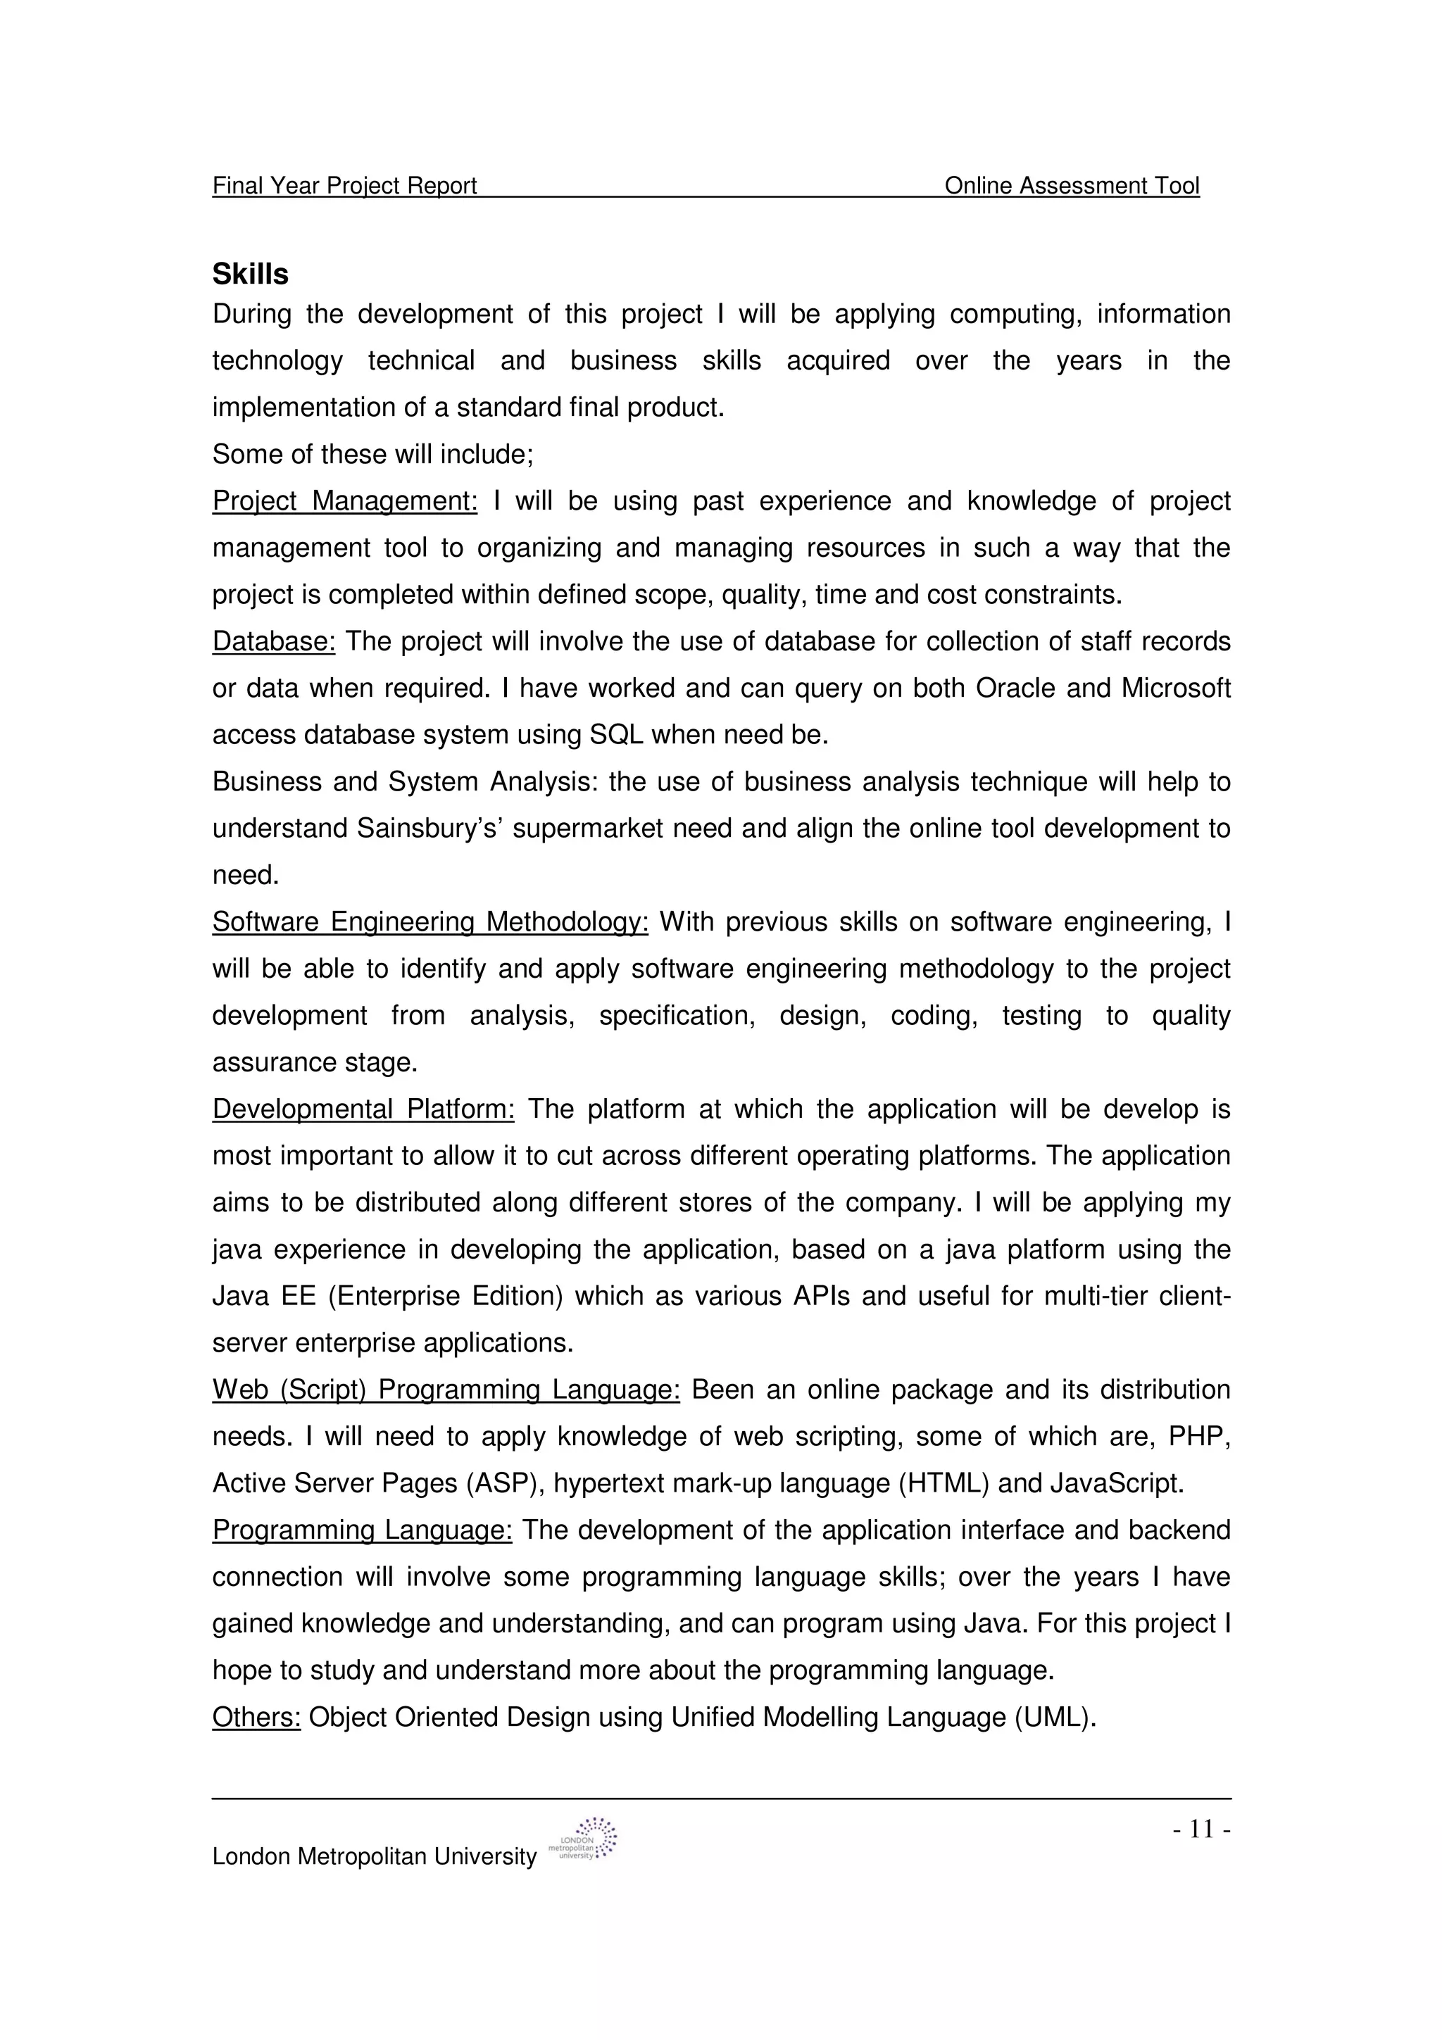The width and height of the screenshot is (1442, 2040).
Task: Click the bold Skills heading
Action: [250, 275]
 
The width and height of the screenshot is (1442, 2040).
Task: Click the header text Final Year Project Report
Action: [345, 186]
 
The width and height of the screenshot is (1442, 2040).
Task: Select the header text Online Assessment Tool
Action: [1072, 186]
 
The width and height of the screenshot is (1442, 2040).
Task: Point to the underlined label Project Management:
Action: [345, 501]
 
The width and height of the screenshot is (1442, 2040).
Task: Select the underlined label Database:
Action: [274, 641]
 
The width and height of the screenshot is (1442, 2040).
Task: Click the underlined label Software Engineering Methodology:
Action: [430, 922]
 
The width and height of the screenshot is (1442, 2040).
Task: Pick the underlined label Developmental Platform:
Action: [363, 1109]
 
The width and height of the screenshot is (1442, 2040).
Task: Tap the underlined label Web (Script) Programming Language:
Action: [446, 1390]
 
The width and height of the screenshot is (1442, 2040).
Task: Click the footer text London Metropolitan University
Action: [374, 1857]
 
